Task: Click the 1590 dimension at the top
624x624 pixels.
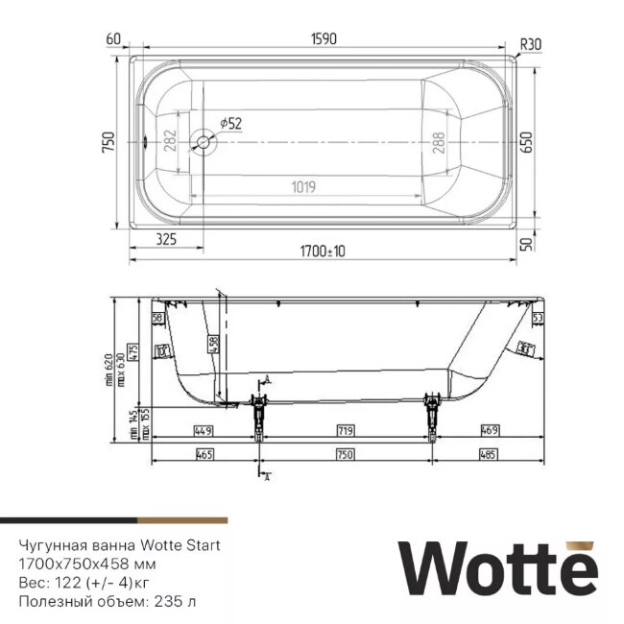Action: [x=323, y=39]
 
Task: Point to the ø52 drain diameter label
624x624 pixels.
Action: [x=230, y=123]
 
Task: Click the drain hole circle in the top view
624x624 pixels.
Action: [x=204, y=143]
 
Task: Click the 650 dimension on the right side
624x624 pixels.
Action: [x=524, y=143]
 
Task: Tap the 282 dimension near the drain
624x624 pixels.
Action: [x=169, y=143]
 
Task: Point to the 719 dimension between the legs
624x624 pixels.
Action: [x=346, y=431]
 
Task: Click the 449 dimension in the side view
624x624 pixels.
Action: [x=202, y=431]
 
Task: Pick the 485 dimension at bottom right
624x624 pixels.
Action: [x=486, y=454]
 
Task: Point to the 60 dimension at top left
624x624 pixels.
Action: [x=114, y=39]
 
